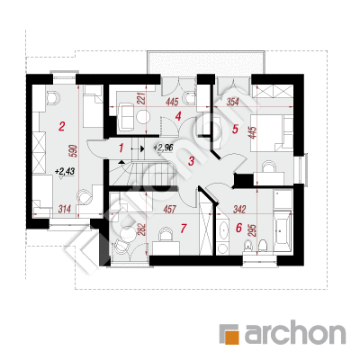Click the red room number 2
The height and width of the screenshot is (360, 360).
coord(61,126)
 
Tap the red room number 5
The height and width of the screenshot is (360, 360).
coord(235,130)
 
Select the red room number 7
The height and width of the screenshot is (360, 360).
coord(184,229)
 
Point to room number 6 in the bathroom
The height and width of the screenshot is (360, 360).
coord(238,229)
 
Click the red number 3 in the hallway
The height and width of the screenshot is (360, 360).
coord(192,161)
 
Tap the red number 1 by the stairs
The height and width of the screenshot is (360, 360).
coord(121,148)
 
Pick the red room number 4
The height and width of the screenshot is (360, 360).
coord(178,116)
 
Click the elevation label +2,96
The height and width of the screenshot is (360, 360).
coord(162,148)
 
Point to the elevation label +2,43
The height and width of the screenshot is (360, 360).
coord(65,172)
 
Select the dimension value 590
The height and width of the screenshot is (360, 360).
coord(75,151)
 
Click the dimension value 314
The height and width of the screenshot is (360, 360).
coord(65,209)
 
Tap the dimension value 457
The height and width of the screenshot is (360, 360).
coord(170,209)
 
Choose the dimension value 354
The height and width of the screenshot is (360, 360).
coord(232,103)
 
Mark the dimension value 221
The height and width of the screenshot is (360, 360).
coord(141,99)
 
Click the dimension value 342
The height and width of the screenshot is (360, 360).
coord(239,209)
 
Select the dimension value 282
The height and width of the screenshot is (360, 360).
coord(141,229)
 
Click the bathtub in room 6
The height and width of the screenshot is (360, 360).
coord(283,231)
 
